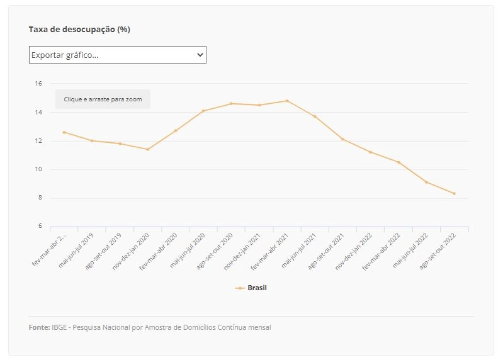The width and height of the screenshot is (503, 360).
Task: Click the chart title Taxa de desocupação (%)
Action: [79, 30]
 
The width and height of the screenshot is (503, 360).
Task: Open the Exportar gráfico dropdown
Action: [118, 55]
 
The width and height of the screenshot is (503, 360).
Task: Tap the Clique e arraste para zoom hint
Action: [103, 99]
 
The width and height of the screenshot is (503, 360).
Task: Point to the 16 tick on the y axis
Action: [38, 84]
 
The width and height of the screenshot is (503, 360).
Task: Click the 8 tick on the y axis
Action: [40, 198]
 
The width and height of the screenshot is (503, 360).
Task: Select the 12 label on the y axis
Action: [38, 141]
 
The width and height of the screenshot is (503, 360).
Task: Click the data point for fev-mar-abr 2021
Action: [287, 101]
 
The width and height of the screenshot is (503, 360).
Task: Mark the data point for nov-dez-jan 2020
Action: [148, 149]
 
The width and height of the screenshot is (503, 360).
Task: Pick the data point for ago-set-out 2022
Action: [455, 194]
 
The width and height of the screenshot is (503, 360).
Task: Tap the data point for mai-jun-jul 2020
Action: [203, 111]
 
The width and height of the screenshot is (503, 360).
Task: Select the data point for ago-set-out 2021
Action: [343, 140]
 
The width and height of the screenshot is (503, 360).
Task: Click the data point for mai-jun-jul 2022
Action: [426, 182]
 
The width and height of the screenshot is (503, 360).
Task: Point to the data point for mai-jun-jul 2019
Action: [92, 141]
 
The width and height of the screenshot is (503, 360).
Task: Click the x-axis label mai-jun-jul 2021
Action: [298, 250]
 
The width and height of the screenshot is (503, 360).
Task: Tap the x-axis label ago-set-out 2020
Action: [215, 251]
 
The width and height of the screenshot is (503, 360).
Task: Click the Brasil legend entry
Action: [251, 288]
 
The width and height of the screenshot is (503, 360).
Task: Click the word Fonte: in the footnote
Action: [39, 327]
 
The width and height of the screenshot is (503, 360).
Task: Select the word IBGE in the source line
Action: [59, 327]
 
